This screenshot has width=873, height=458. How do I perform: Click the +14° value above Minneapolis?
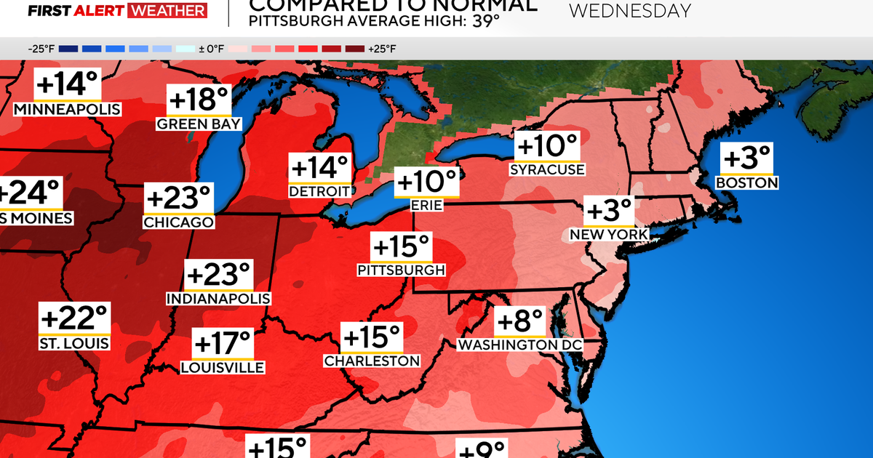click(x=67, y=85)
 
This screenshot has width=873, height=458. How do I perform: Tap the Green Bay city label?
click(x=199, y=124)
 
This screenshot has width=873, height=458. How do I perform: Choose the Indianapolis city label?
click(x=218, y=299)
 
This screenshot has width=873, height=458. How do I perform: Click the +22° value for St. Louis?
click(x=74, y=318)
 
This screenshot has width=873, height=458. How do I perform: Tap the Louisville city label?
click(x=223, y=368)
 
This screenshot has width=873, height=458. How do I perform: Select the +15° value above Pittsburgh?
click(x=401, y=246)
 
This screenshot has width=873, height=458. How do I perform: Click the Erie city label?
click(x=427, y=206)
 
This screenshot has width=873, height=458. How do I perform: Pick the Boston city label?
click(x=746, y=183)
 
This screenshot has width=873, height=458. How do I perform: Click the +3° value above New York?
click(x=610, y=211)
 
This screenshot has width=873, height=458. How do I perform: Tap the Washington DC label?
click(x=520, y=344)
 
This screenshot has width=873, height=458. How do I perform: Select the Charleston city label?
click(x=372, y=361)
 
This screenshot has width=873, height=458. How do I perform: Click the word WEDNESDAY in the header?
click(x=629, y=11)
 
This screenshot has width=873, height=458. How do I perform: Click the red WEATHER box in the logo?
click(x=167, y=10)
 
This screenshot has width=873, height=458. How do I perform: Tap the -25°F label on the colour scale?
click(x=41, y=49)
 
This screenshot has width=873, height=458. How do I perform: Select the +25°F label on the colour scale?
click(x=382, y=49)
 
